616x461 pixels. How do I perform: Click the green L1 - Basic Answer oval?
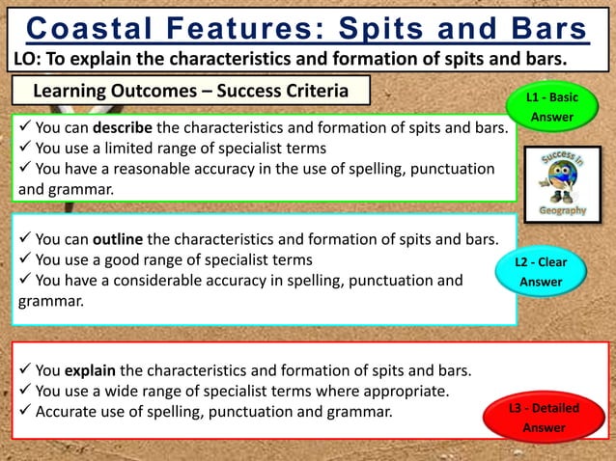[550, 107]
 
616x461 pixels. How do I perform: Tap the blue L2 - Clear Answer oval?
[541, 271]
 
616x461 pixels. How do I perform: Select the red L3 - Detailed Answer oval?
[544, 418]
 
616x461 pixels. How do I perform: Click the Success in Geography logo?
[563, 183]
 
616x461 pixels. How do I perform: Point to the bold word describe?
[122, 127]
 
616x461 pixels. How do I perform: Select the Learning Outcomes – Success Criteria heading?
[191, 91]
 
